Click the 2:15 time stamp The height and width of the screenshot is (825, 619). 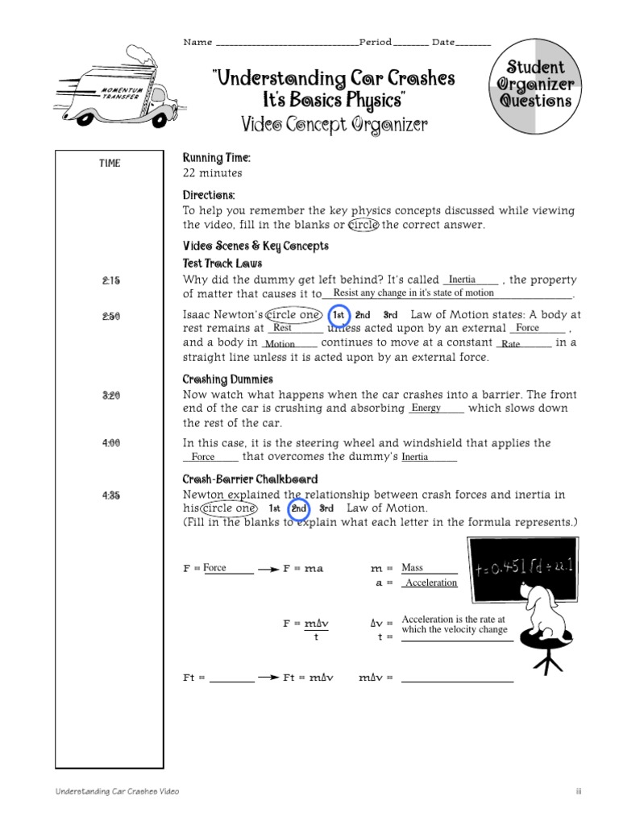tap(110, 280)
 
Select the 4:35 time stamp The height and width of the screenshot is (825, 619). tap(110, 495)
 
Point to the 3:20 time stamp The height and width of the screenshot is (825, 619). tap(110, 396)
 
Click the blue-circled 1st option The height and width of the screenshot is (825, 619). tap(339, 315)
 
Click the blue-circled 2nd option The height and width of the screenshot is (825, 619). tap(299, 509)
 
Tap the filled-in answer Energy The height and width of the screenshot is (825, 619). tap(426, 408)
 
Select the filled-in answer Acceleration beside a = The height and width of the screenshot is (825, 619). tap(430, 583)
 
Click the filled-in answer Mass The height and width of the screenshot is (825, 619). tap(412, 568)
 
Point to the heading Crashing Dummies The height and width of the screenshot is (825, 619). tap(227, 379)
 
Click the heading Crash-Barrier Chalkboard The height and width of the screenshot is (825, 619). tap(250, 479)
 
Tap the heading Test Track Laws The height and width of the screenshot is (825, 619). tap(222, 263)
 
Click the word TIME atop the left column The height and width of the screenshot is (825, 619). tap(110, 164)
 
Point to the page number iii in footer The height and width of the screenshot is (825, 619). tap(578, 792)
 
